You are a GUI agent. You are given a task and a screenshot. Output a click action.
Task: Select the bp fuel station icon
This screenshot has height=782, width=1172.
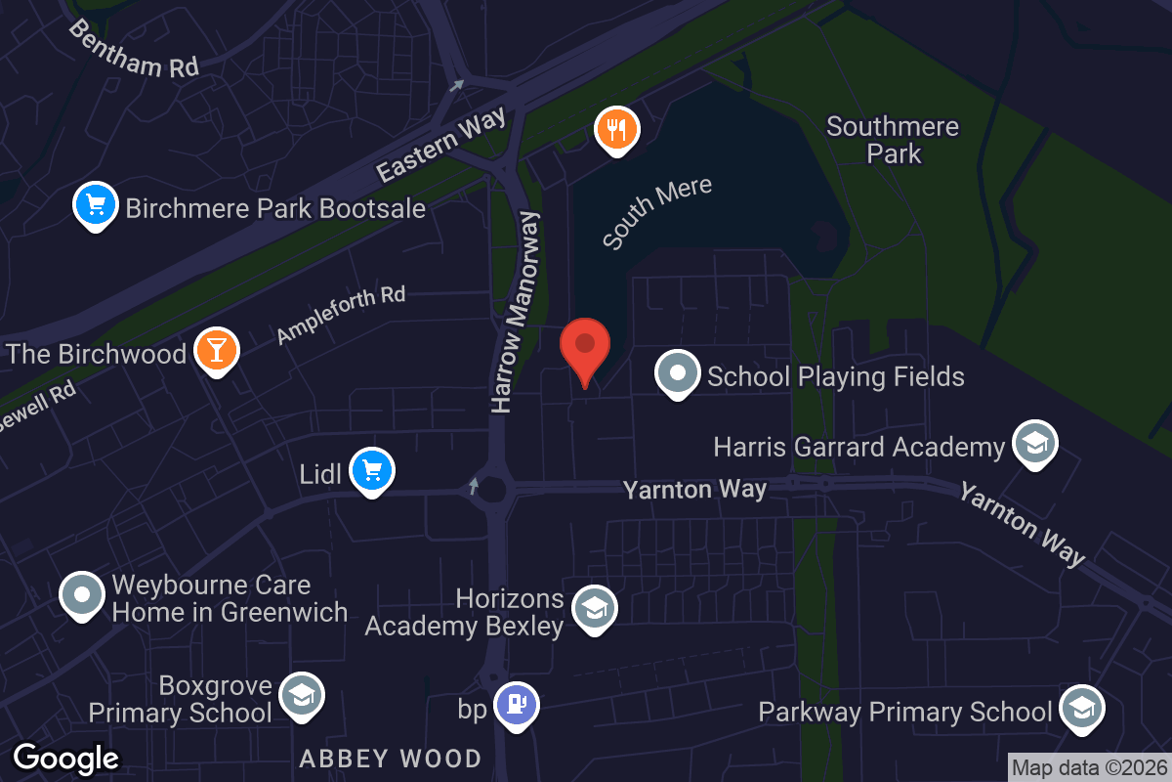point(517,703)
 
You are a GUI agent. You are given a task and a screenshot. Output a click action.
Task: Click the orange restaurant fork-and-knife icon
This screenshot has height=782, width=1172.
point(617,129)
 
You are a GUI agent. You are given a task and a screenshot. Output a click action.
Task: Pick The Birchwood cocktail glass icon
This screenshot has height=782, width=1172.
point(216,349)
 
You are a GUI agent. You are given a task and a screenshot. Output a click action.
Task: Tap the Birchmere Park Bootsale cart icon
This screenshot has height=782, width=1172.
point(95,205)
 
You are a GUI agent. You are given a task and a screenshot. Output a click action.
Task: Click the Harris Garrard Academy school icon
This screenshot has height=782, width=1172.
point(1032,443)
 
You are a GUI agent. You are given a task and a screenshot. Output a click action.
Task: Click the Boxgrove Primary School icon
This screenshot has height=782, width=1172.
point(301,696)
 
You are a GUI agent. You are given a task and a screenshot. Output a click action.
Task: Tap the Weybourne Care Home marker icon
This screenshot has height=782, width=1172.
point(82,594)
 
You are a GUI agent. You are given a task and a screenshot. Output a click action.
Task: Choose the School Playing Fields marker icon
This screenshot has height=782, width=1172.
point(677,372)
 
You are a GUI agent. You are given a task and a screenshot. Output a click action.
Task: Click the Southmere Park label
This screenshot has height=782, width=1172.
point(893,140)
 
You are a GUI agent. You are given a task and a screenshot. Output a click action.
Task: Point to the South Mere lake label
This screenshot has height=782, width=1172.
point(656,211)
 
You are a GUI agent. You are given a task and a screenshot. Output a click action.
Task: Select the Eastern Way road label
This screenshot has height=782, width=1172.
point(442,145)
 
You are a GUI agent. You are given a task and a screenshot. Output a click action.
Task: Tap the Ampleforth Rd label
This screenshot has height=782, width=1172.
point(340,315)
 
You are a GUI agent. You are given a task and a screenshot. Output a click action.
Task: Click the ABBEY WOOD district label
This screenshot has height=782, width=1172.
point(390,759)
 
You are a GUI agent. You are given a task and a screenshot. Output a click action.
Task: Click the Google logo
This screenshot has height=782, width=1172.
point(65,759)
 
